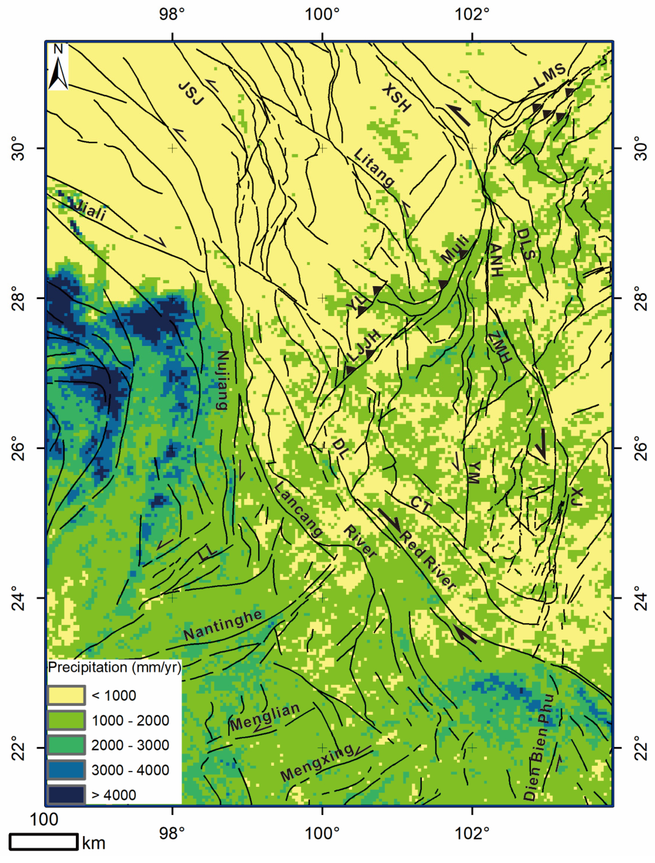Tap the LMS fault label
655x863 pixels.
pyautogui.click(x=549, y=75)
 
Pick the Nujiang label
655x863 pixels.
pyautogui.click(x=222, y=380)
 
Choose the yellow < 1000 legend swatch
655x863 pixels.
pyautogui.click(x=66, y=695)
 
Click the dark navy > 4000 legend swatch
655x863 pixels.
pyautogui.click(x=66, y=795)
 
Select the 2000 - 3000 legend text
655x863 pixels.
pyautogui.click(x=130, y=745)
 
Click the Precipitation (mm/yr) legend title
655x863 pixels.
pyautogui.click(x=114, y=667)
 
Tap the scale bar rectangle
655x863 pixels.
pyautogui.click(x=43, y=842)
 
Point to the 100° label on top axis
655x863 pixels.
pyautogui.click(x=322, y=15)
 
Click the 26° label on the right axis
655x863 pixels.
pyautogui.click(x=640, y=448)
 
